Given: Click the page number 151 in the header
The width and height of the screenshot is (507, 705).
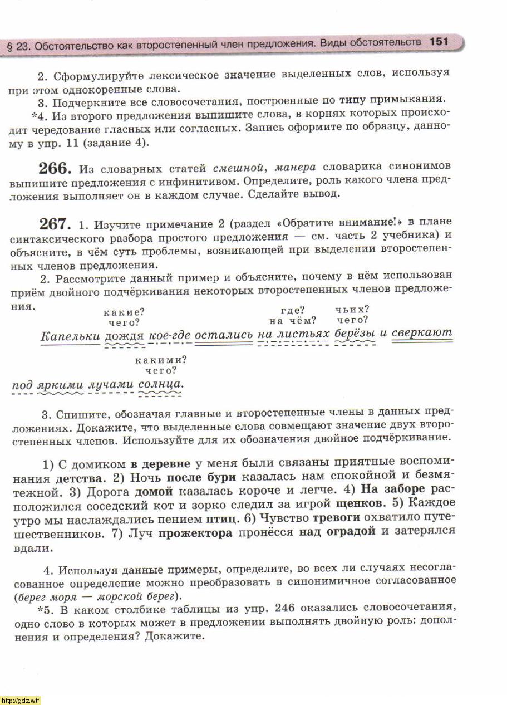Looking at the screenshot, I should (439, 42).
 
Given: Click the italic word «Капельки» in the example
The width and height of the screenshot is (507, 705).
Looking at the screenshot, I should (71, 335).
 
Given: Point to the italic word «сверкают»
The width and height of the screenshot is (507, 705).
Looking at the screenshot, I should (422, 333).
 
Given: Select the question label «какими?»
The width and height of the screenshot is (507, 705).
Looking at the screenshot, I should (161, 360).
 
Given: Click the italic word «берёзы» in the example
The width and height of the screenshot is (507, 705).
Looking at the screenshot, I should (355, 334).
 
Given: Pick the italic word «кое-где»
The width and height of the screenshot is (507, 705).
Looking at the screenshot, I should (169, 336).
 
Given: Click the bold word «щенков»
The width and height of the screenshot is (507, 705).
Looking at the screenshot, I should (361, 503).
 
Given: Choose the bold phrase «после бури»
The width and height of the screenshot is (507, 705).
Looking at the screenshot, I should (201, 477).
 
